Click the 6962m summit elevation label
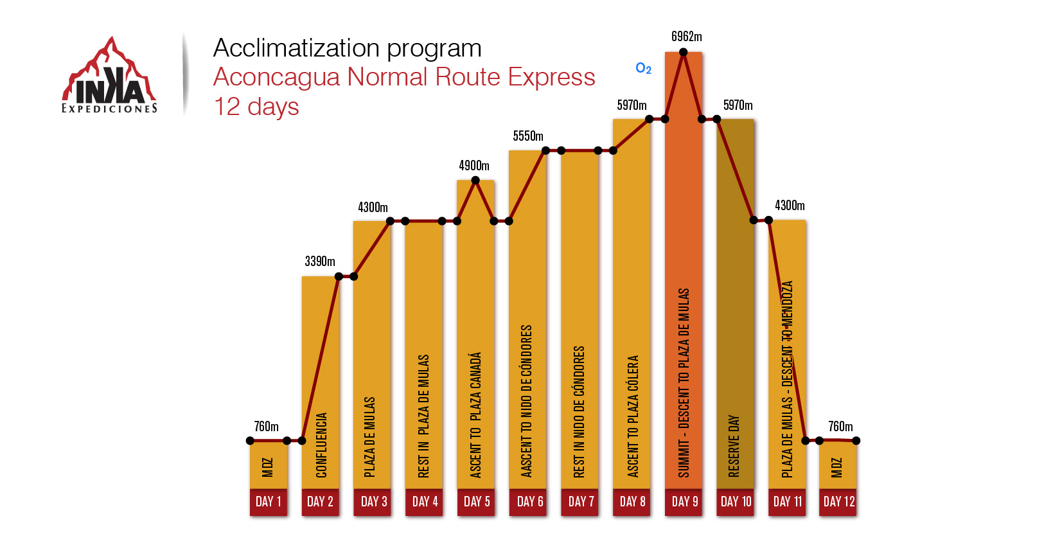[686, 37]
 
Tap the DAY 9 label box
[684, 502]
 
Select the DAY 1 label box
[269, 502]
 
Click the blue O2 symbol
[643, 68]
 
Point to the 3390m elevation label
[320, 262]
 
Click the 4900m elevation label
[474, 166]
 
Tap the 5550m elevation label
[528, 136]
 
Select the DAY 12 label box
[838, 502]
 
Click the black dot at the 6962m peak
[684, 53]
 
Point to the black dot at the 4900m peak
[475, 180]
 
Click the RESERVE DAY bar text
[734, 446]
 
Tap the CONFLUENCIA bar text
[321, 445]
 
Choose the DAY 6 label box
[529, 502]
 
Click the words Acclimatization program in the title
[347, 48]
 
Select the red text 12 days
[256, 107]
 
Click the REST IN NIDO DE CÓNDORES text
[579, 411]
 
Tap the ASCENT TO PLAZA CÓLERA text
[633, 416]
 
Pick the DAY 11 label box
[788, 502]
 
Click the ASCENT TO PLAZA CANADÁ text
[475, 414]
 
